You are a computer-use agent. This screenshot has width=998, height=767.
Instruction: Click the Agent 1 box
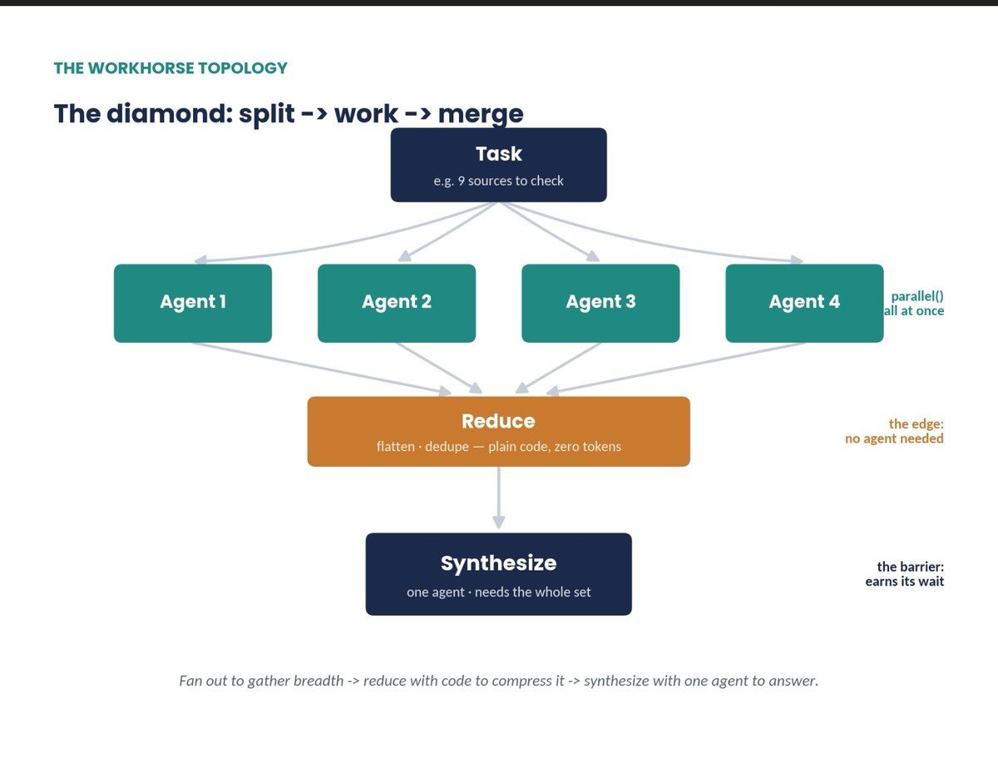click(x=193, y=303)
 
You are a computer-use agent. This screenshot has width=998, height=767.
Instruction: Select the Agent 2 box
click(x=397, y=303)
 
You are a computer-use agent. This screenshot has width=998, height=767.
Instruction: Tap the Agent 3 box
click(x=600, y=303)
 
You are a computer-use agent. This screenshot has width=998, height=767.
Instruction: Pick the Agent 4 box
click(x=805, y=303)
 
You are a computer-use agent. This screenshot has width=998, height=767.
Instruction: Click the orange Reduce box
click(x=499, y=432)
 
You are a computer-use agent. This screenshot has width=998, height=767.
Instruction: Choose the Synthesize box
click(x=499, y=574)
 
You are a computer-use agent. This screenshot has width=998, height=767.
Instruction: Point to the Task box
click(x=499, y=165)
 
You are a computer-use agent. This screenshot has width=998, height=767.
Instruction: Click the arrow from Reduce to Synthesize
click(x=499, y=498)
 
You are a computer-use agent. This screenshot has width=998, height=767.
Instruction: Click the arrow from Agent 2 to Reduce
click(x=439, y=369)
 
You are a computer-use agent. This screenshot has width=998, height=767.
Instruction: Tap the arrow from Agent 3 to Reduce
click(x=558, y=369)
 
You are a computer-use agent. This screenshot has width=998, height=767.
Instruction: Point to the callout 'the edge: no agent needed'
click(x=895, y=431)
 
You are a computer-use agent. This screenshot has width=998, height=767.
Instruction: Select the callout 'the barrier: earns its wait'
click(x=905, y=574)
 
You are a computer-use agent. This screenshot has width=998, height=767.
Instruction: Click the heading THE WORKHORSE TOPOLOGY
click(x=170, y=68)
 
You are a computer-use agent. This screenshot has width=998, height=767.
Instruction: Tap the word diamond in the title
click(x=170, y=113)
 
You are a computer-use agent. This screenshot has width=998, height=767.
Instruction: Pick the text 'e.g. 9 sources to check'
click(x=498, y=181)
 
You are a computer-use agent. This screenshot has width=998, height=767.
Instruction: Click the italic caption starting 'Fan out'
click(x=499, y=680)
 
